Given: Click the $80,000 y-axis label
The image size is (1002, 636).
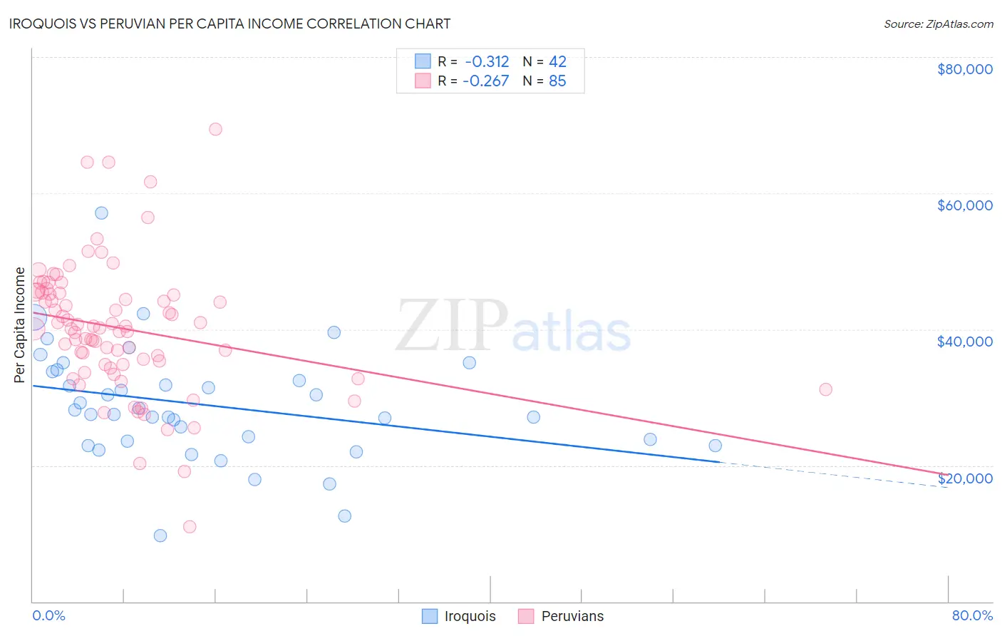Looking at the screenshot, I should tap(964, 69).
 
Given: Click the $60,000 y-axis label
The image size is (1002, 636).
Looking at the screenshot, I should tap(964, 205).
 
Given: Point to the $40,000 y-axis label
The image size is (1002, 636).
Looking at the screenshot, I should tap(964, 342).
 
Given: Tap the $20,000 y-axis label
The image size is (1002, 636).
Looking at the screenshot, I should tap(964, 478).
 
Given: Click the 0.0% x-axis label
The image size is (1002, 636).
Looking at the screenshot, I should tap(48, 615).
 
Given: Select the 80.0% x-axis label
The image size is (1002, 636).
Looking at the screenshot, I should tap(972, 615).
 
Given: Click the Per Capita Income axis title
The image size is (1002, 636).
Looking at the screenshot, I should tap(20, 324).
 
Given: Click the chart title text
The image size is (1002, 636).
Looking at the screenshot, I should tap(229, 24).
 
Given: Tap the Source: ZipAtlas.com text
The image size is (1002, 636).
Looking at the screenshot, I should tap(938, 24).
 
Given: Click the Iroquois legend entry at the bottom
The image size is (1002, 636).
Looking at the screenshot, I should tap(459, 616).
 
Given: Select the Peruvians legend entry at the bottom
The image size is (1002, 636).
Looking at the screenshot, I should tap(562, 616).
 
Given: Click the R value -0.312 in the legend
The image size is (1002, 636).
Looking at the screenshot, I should tap(487, 61).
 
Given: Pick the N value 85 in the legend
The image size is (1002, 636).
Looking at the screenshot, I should tap(557, 81).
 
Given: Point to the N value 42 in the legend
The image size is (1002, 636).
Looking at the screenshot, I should tap(557, 61).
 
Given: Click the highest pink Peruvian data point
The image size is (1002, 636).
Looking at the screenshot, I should tap(215, 129).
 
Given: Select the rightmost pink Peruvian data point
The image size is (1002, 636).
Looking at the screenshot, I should tap(825, 389).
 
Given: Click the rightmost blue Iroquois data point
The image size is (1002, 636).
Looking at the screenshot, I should tap(715, 446).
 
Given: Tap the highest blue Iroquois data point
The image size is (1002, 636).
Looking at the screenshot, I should tap(101, 213).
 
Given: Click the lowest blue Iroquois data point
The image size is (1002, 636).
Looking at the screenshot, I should tap(160, 535).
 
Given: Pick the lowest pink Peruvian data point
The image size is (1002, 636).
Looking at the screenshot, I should tap(190, 527).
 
